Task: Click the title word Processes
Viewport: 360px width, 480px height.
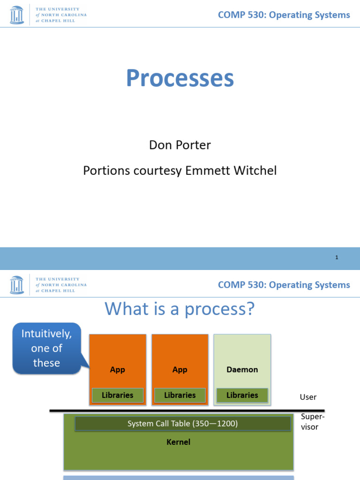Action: tap(180, 79)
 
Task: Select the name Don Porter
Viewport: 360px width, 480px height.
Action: tap(180, 145)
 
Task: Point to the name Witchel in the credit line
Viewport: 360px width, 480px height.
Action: tap(257, 171)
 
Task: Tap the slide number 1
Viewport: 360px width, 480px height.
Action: tap(337, 257)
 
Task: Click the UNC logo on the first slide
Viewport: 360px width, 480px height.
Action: tap(16, 15)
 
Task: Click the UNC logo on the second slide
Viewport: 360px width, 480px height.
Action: tap(16, 285)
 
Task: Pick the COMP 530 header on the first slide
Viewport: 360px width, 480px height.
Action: tap(284, 15)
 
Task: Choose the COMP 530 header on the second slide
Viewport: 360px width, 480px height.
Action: tap(284, 285)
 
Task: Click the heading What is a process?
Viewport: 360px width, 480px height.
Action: tap(180, 309)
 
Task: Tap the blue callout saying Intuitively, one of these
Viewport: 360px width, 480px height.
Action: tap(46, 348)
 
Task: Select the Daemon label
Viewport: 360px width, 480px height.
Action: tap(242, 369)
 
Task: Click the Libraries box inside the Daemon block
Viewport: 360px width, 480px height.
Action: tap(242, 395)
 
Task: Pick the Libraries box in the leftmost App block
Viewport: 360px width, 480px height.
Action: tap(118, 395)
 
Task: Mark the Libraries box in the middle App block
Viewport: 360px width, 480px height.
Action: tap(180, 395)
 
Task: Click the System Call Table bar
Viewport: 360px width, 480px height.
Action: tap(183, 424)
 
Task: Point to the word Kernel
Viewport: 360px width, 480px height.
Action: tap(179, 442)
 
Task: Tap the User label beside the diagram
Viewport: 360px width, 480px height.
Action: tap(308, 397)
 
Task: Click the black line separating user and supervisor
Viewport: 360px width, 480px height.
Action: tap(187, 411)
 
